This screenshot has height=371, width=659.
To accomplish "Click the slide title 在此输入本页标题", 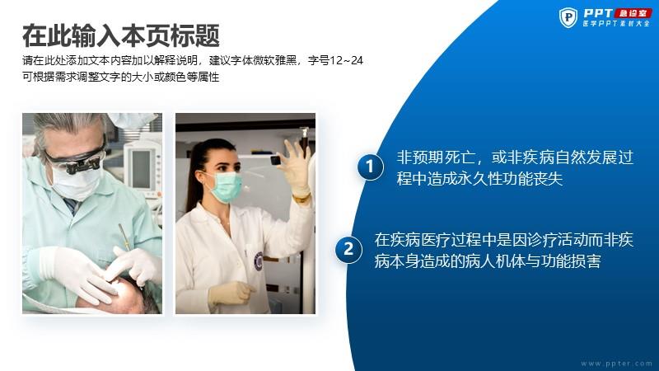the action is click(x=121, y=35).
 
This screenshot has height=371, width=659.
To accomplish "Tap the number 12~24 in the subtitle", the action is click(x=346, y=60).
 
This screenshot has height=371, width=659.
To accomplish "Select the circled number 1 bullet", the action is click(x=370, y=167).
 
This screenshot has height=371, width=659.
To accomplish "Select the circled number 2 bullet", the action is click(x=348, y=250).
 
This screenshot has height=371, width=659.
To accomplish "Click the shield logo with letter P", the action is click(x=568, y=17).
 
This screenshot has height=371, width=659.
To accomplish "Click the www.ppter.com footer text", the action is click(x=616, y=364).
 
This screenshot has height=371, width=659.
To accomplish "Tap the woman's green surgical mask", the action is click(x=226, y=187).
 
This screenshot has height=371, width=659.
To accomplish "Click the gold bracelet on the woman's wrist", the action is click(x=301, y=198).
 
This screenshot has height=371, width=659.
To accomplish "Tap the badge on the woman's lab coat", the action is click(x=259, y=261).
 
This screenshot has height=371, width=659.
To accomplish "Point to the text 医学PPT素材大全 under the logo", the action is click(x=616, y=24).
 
